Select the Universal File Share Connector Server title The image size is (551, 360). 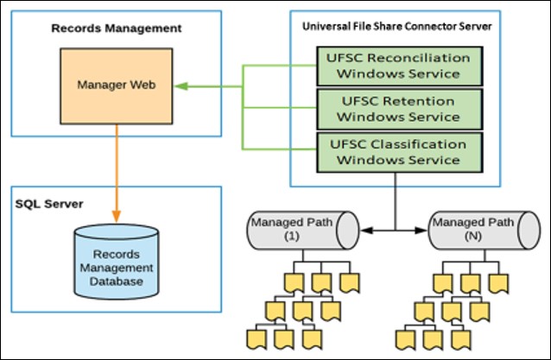396,27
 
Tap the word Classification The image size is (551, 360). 415,143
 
